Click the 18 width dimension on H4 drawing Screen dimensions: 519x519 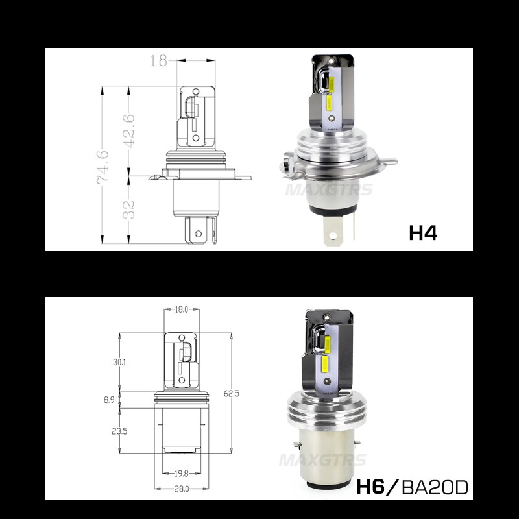[x=158, y=60]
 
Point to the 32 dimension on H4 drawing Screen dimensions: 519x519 [x=129, y=208]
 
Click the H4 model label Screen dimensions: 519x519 [x=422, y=232]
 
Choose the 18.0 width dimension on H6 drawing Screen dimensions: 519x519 [x=182, y=310]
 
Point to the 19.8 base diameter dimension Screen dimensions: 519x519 [x=182, y=474]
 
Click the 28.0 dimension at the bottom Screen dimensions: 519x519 [x=182, y=489]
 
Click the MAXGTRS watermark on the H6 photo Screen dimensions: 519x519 [x=322, y=461]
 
